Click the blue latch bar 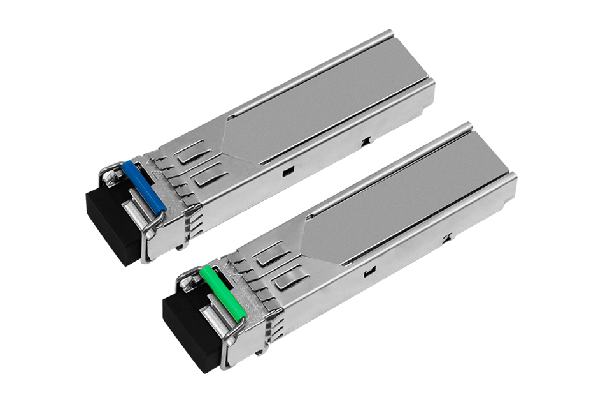point(144,186)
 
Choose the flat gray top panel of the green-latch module point(408,204)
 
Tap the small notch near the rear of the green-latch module point(448,239)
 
